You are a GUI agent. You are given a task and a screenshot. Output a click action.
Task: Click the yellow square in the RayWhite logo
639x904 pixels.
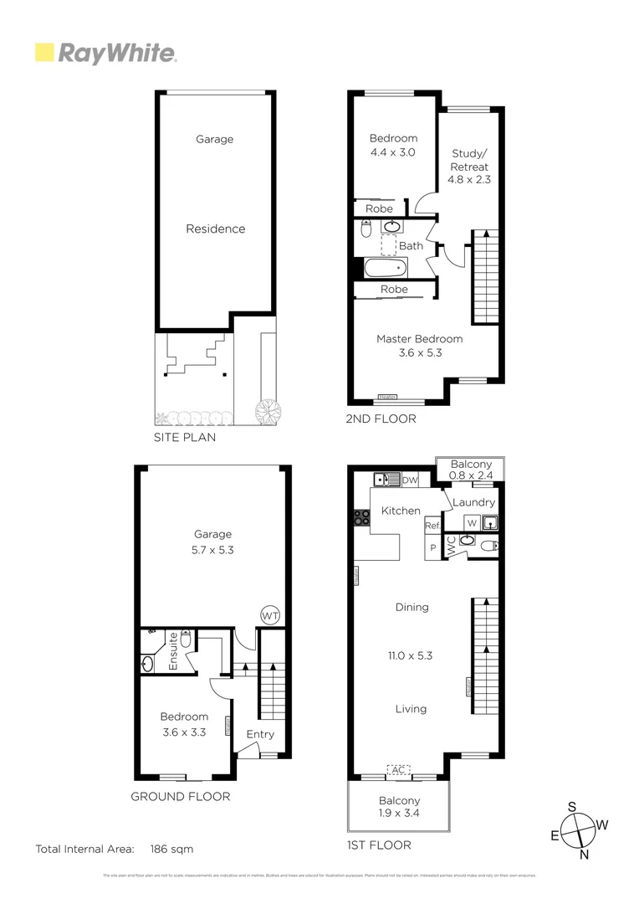coord(43,54)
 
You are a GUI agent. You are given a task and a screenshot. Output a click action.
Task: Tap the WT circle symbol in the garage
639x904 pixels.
coord(270,615)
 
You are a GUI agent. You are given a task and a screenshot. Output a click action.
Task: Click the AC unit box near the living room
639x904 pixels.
coord(399,769)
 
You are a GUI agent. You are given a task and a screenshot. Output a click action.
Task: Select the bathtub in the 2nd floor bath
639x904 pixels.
coord(385,268)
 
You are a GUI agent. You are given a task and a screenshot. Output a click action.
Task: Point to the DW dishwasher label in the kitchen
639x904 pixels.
coord(410,480)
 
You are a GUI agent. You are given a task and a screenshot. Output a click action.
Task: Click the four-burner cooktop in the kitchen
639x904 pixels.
coord(362,518)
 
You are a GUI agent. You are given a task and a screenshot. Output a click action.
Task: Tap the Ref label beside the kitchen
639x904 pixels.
coord(432,526)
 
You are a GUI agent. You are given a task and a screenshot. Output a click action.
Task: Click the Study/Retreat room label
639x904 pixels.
coord(469,160)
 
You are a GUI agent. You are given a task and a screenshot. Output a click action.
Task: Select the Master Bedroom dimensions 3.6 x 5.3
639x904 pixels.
coord(419,353)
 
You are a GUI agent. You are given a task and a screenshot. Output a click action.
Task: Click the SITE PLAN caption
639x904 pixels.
coord(184,437)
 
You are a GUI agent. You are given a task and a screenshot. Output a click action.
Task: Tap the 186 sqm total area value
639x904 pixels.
coord(171,849)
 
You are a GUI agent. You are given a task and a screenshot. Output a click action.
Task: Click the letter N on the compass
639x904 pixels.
coord(585,855)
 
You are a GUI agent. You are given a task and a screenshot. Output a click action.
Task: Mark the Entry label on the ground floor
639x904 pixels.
coord(259,734)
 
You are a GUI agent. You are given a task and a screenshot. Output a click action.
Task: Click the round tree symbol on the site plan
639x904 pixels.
coord(269,411)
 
